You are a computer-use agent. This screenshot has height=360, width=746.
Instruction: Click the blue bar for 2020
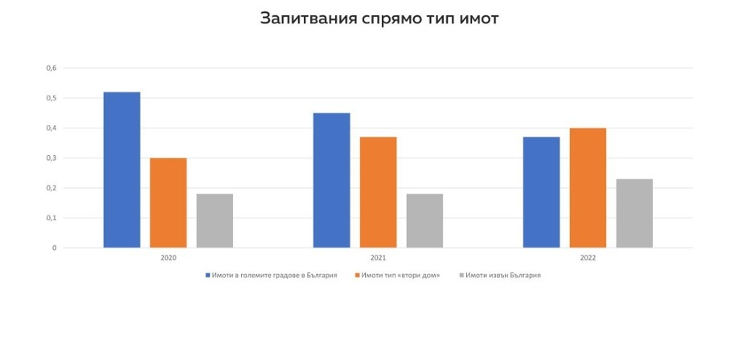[x=121, y=170]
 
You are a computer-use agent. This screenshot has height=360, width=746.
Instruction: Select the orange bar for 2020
[x=168, y=202]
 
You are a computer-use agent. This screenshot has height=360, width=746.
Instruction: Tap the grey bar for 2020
[x=215, y=220]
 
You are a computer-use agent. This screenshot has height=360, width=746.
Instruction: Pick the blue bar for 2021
[x=331, y=180]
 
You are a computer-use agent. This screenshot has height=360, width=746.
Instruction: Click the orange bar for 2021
[x=378, y=192]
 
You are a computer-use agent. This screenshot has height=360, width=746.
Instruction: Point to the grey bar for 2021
[x=424, y=220]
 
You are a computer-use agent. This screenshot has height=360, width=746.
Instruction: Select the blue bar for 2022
[x=541, y=192]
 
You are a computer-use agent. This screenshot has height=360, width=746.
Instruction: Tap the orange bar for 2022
[x=588, y=187]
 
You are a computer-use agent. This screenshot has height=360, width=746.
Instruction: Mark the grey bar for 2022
[x=634, y=213]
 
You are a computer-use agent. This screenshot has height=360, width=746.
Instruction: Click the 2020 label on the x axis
[x=168, y=259]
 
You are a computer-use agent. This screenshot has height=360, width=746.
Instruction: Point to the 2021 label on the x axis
[x=378, y=259]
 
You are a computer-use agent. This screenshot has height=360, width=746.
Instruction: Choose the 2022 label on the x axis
[x=588, y=259]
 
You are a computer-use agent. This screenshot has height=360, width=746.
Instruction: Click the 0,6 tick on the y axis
[x=51, y=67]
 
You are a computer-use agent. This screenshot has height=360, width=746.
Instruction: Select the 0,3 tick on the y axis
[x=51, y=157]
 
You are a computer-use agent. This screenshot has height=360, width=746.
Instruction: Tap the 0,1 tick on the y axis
[x=51, y=218]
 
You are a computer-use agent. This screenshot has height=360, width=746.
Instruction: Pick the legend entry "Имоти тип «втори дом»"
[x=400, y=275]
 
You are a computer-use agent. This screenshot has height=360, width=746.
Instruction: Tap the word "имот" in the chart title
[x=474, y=19]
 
